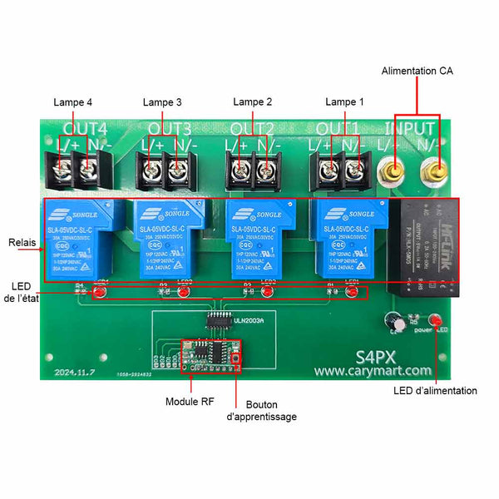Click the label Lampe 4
pyautogui.click(x=72, y=102)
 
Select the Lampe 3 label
pyautogui.click(x=162, y=102)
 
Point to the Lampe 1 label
pyautogui.click(x=344, y=101)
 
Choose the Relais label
pyautogui.click(x=22, y=244)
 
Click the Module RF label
pyautogui.click(x=190, y=401)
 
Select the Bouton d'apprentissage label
pyautogui.click(x=262, y=410)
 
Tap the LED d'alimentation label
pyautogui.click(x=435, y=390)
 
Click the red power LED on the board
pyautogui.click(x=434, y=319)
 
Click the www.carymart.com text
pyautogui.click(x=373, y=371)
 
